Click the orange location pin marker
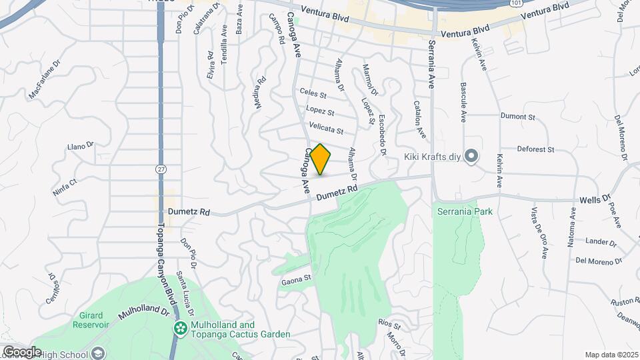coord(321,160)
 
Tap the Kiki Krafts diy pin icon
coord(472,157)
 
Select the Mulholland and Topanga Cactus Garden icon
coord(180,329)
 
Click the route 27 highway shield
coord(161,169)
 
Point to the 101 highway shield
coord(516,3)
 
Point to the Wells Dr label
coord(595,198)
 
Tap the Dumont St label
coord(518,117)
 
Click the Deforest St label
coord(536,150)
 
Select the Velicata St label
coord(326,128)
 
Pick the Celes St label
coord(313,95)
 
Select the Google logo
coord(21,352)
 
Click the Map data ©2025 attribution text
coord(611,355)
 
